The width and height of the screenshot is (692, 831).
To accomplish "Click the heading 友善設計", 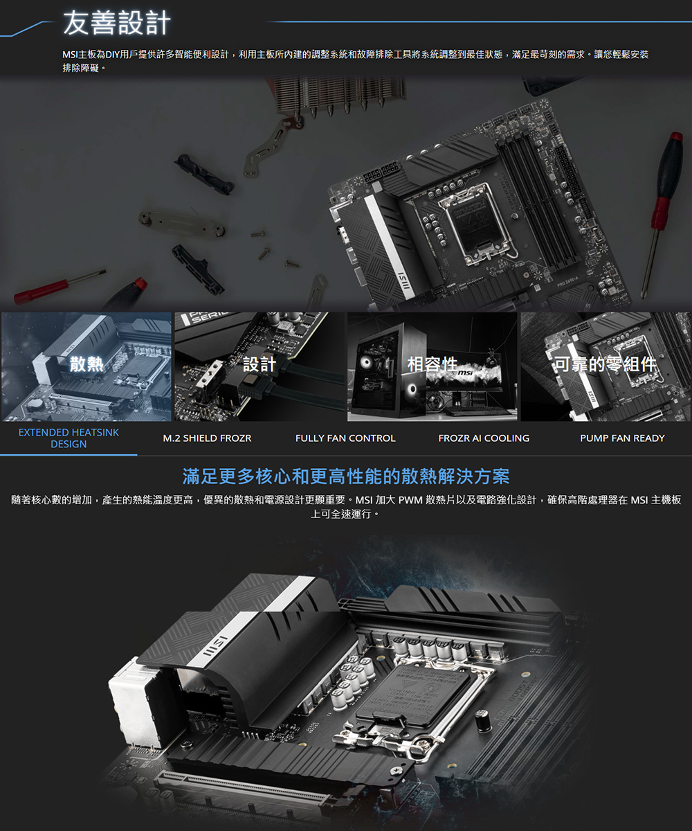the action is [x=117, y=23].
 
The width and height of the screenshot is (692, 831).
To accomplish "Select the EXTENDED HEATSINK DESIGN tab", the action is [x=69, y=438].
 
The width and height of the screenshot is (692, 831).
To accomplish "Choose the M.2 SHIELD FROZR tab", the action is [x=207, y=438].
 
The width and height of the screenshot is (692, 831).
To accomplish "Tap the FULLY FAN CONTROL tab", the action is [x=345, y=438].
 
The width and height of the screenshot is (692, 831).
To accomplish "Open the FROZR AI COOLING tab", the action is [x=484, y=438].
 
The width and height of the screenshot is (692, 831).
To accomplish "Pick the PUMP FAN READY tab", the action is [x=622, y=438].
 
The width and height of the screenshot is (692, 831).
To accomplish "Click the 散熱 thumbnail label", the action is [x=86, y=364].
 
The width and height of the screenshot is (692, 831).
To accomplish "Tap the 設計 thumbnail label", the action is [x=259, y=364].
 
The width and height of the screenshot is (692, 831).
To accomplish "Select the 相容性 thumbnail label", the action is [x=432, y=364].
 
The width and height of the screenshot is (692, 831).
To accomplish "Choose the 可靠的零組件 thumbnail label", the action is [x=605, y=364].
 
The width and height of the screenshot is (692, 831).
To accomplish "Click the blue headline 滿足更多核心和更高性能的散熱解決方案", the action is [x=346, y=476].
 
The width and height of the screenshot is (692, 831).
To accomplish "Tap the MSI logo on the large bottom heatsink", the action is [x=215, y=646].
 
